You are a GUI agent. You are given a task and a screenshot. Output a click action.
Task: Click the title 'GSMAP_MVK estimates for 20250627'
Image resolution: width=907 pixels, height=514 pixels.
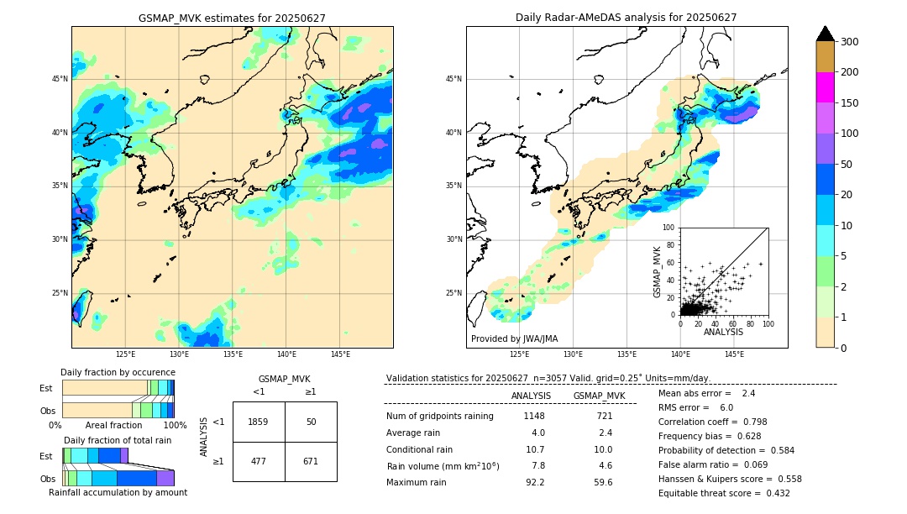232,18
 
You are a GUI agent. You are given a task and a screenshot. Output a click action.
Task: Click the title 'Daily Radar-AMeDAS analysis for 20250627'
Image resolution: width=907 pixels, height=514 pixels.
627,18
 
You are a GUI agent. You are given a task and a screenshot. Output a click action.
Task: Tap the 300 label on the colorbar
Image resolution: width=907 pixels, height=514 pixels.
851,41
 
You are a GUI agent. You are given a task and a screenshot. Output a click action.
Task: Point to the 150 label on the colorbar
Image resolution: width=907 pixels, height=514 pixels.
851,102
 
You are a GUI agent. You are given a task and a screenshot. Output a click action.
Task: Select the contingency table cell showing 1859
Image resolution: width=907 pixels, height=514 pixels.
259,422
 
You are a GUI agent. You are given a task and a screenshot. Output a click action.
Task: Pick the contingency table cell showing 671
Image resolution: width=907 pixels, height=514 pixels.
311,461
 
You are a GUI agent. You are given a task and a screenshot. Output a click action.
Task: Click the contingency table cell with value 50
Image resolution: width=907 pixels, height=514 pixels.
311,422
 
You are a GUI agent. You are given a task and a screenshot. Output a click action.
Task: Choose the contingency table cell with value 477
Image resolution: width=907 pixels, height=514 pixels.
259,461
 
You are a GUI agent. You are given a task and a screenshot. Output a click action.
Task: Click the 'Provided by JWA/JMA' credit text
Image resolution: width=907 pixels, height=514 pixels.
514,338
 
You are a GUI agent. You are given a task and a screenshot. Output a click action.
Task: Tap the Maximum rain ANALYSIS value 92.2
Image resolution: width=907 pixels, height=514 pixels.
535,482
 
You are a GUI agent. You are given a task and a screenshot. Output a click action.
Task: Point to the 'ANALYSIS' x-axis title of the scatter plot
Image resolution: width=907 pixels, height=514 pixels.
723,332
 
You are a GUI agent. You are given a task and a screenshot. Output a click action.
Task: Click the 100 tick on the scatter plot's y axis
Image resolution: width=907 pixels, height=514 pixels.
669,228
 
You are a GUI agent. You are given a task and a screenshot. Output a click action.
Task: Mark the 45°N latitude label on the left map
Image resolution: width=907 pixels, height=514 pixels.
60,79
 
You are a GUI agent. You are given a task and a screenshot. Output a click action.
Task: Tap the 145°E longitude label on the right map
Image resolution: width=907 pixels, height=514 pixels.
734,354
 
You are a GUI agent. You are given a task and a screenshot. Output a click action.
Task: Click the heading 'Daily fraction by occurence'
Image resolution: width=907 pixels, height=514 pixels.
118,372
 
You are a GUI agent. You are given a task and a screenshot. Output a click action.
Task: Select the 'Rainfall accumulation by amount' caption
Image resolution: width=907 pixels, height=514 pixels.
118,492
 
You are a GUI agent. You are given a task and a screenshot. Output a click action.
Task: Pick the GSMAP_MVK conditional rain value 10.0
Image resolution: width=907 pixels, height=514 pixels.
604,449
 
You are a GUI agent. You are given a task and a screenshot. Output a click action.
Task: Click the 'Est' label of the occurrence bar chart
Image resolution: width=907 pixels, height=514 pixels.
46,388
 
